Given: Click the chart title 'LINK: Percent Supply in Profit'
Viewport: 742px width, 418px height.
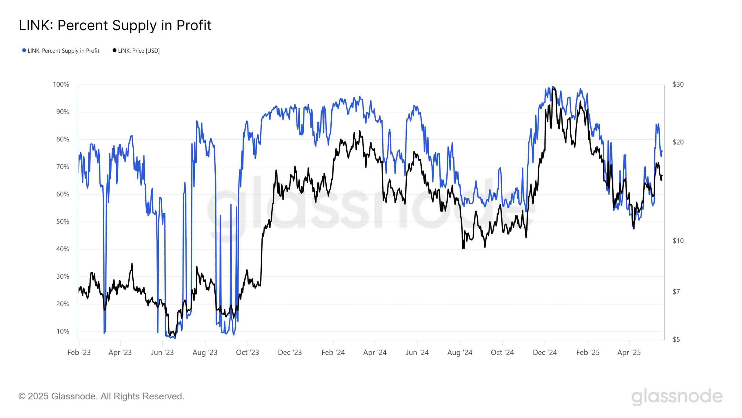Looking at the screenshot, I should pyautogui.click(x=115, y=26).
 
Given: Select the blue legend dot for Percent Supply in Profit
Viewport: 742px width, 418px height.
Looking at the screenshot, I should pyautogui.click(x=24, y=50).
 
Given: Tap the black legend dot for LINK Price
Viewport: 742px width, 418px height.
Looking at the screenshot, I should pyautogui.click(x=114, y=50).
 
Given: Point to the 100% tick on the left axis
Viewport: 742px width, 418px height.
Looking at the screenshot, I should pyautogui.click(x=61, y=84).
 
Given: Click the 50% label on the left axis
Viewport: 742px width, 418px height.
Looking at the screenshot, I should pyautogui.click(x=63, y=222).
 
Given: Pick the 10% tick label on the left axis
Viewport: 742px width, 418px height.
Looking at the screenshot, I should pyautogui.click(x=63, y=331).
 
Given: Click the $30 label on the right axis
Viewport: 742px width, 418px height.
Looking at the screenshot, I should pyautogui.click(x=678, y=84).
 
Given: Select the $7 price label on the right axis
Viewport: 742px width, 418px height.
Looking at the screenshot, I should pyautogui.click(x=676, y=292).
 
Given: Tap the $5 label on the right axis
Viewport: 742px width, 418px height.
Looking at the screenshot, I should pyautogui.click(x=676, y=339).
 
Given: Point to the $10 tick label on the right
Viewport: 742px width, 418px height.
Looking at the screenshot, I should pyautogui.click(x=678, y=241).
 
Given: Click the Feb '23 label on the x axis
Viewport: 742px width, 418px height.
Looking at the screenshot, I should pyautogui.click(x=79, y=352).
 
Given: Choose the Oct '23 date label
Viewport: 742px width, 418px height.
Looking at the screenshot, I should pyautogui.click(x=247, y=352).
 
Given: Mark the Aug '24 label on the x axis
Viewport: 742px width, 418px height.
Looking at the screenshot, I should pyautogui.click(x=460, y=352).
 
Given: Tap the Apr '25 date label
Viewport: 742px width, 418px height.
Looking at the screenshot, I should pyautogui.click(x=629, y=352).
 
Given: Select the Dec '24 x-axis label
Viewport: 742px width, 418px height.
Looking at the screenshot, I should pyautogui.click(x=545, y=352).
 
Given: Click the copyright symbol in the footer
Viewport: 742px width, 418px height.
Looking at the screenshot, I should pyautogui.click(x=22, y=396).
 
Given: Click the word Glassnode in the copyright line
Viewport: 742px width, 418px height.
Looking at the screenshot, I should pyautogui.click(x=74, y=396).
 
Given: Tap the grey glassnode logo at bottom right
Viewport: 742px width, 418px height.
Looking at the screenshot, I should pyautogui.click(x=677, y=396).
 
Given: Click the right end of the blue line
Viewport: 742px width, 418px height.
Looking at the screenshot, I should pyautogui.click(x=662, y=151).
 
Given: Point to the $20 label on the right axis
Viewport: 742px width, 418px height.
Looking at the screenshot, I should pyautogui.click(x=678, y=142).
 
